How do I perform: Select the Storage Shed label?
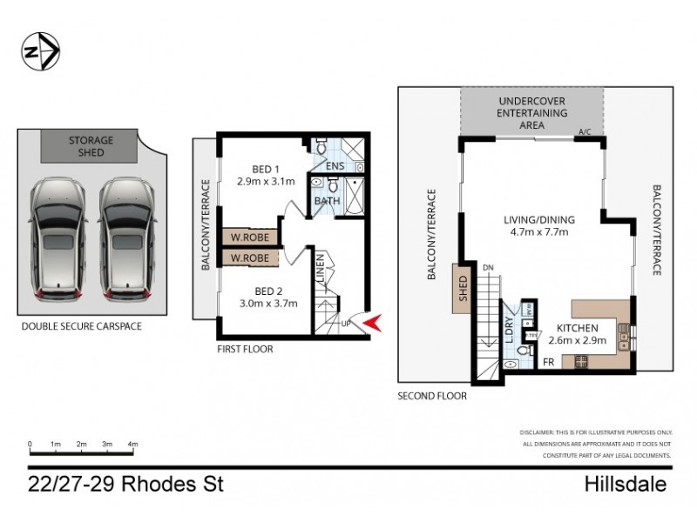91,146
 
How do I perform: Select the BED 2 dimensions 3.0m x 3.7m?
267,304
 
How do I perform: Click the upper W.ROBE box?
249,236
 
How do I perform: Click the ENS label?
335,166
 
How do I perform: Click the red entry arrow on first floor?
371,325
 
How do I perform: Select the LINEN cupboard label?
321,266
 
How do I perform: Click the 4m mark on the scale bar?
133,445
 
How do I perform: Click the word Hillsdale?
626,484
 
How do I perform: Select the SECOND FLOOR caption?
431,395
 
